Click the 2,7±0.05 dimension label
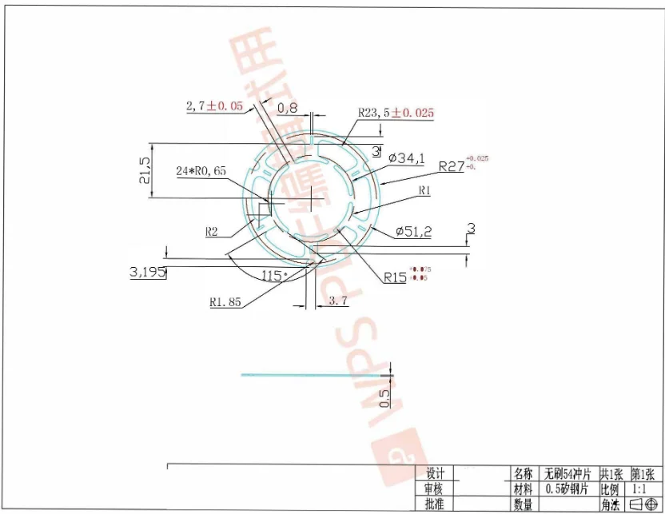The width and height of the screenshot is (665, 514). [213, 106]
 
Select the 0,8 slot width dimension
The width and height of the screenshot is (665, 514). [287, 107]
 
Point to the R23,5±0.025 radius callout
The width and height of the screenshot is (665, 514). [396, 113]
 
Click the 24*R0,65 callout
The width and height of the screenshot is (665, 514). [201, 171]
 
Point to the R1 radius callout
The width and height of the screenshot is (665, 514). [424, 191]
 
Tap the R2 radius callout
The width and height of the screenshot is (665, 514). [212, 232]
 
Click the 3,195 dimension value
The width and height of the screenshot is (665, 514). [147, 272]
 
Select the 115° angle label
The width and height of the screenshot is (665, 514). [274, 275]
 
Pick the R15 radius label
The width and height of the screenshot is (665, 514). [395, 277]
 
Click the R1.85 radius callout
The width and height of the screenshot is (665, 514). [225, 302]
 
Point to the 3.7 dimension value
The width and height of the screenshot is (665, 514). [338, 301]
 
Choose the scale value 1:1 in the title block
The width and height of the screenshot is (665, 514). [640, 488]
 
